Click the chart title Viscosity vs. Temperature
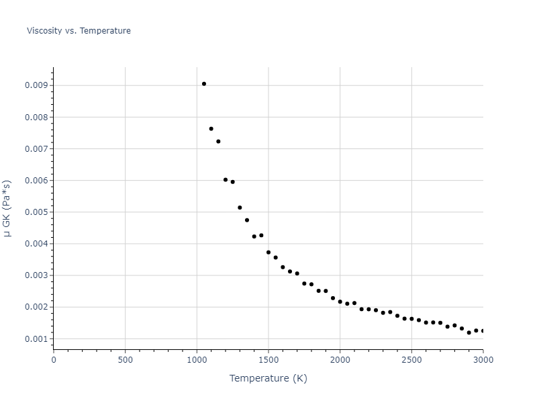(79, 31)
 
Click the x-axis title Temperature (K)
(268, 378)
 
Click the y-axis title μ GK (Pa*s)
(8, 208)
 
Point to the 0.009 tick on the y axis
(37, 85)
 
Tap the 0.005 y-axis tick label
(37, 212)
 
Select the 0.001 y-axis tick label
(37, 339)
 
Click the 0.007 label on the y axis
(37, 148)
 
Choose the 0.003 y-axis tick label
(37, 275)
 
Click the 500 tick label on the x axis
(125, 360)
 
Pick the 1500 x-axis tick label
(268, 360)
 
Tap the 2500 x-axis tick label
(411, 360)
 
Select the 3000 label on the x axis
(483, 360)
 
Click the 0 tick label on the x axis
(54, 360)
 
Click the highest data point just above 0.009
(204, 84)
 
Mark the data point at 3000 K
(483, 330)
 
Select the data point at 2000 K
(340, 302)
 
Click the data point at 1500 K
(268, 253)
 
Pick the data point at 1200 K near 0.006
(226, 180)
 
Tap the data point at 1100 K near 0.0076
(211, 129)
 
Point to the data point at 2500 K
(411, 318)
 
